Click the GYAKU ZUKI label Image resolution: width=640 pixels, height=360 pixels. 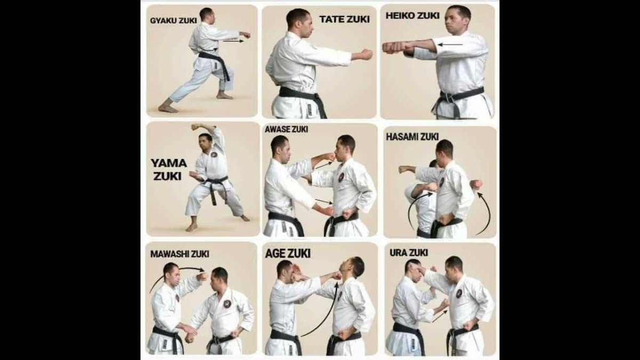coord(173,21)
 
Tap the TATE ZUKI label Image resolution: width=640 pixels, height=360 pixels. coord(345,19)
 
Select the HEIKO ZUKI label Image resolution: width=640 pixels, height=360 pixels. coord(412,15)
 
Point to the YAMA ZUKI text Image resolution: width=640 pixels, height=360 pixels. coord(169,170)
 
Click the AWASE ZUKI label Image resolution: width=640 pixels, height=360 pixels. coord(286,129)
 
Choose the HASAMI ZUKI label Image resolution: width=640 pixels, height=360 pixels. coord(412,137)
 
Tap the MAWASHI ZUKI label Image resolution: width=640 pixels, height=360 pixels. coord(179,254)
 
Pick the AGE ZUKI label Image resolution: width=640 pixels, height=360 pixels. coord(287,253)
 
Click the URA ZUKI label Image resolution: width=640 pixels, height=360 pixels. coord(409,253)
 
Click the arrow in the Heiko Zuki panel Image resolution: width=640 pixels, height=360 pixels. coord(450,45)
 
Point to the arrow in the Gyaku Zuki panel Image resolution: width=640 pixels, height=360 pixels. coord(234,41)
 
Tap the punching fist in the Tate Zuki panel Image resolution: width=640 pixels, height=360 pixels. coord(366,54)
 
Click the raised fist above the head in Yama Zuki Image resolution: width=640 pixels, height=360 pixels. coord(197,126)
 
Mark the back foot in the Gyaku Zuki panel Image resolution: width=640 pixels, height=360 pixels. coord(168,108)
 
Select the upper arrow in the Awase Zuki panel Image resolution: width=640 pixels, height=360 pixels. coord(324,165)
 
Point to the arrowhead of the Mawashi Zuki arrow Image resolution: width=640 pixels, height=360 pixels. coord(202,270)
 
